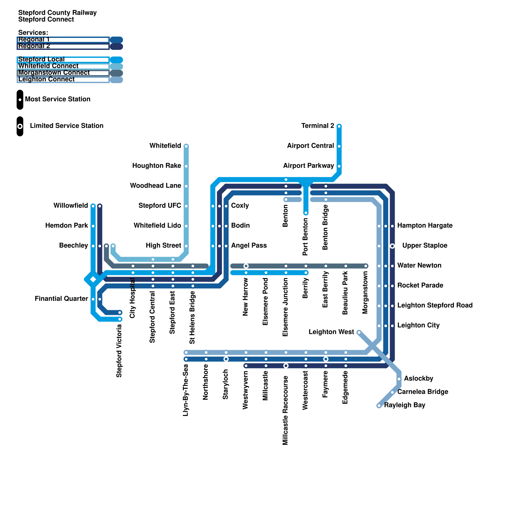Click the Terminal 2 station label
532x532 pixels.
[318, 126]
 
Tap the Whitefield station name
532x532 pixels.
[165, 146]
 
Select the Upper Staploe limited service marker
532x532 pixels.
[392, 246]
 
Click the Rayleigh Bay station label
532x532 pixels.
[405, 405]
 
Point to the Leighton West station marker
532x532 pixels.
[359, 332]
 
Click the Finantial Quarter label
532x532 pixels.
[62, 299]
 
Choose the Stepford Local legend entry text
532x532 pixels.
[42, 59]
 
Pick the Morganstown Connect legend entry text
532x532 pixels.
[54, 72]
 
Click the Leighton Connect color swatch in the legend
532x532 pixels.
[116, 80]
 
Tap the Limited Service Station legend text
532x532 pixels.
[66, 126]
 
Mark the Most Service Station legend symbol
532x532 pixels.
[20, 99]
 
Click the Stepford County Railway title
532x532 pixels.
[57, 13]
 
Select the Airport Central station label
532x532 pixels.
[310, 146]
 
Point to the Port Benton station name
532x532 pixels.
[305, 236]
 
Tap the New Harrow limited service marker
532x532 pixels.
[246, 266]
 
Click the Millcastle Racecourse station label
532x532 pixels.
[285, 410]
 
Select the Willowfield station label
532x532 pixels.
[70, 205]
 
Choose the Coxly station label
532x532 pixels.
[240, 205]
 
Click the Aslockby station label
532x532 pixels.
[418, 378]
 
